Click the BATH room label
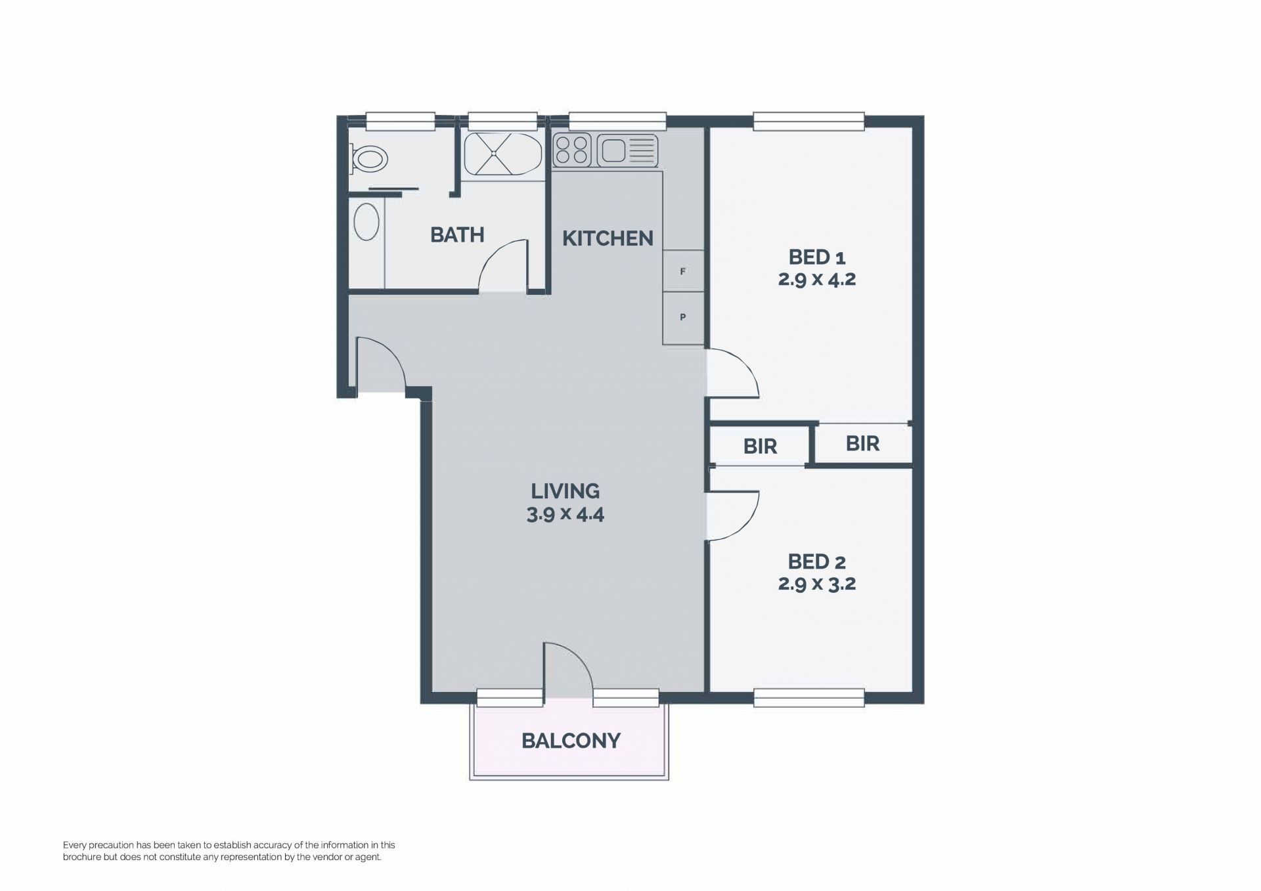(457, 234)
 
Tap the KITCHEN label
(608, 238)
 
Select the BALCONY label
(571, 741)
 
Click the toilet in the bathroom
(368, 159)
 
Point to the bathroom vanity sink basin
(366, 221)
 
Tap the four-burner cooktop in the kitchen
(573, 150)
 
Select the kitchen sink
(627, 150)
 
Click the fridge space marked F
(683, 271)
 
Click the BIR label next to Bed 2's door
(760, 446)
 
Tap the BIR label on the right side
(862, 444)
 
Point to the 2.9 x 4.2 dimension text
(817, 280)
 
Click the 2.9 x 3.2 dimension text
(817, 584)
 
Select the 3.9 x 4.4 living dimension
(565, 514)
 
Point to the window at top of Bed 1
(808, 121)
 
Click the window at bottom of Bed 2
(808, 698)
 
